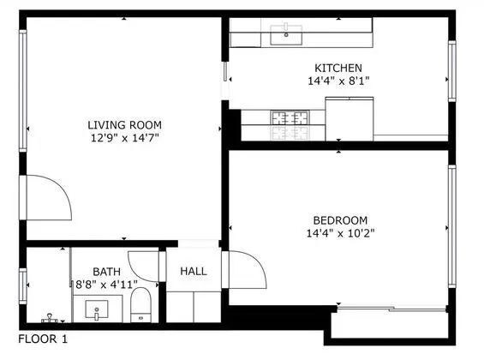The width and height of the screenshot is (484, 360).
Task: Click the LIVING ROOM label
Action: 125,125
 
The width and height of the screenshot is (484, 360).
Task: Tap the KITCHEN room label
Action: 338,68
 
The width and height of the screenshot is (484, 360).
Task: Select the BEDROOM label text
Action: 340,220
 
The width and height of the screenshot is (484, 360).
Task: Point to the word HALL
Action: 194,272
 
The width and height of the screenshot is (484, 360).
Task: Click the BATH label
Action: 106,272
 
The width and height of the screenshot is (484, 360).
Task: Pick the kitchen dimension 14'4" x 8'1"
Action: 338,81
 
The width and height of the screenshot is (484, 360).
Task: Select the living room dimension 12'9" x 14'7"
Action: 125,138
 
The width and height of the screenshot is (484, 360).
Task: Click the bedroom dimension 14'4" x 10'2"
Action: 340,233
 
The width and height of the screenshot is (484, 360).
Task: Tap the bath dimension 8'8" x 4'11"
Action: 106,285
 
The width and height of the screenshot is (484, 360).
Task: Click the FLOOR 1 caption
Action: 43,339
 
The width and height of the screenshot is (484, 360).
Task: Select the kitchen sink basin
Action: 286,34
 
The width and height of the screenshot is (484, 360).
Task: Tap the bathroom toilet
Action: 141,305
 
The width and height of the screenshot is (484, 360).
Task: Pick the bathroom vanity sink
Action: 97,309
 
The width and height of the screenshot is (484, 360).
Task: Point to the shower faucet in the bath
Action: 50,318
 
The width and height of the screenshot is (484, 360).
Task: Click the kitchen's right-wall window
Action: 452,71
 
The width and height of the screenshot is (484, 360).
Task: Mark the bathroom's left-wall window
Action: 23,286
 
